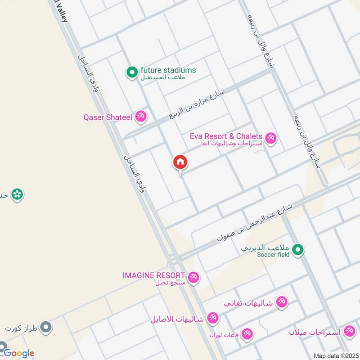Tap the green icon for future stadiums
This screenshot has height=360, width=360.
pyautogui.click(x=132, y=72)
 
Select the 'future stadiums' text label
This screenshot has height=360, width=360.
pyautogui.click(x=168, y=70)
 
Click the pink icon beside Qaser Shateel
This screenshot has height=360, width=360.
pyautogui.click(x=141, y=117)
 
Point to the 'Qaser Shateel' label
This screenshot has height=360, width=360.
pyautogui.click(x=108, y=117)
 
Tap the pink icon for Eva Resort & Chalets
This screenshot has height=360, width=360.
pyautogui.click(x=270, y=137)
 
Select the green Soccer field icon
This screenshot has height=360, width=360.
pyautogui.click(x=297, y=250)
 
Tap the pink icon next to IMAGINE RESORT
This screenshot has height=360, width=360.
pyautogui.click(x=193, y=277)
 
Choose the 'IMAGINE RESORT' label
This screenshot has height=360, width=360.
pyautogui.click(x=153, y=275)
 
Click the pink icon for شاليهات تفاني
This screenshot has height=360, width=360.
pyautogui.click(x=282, y=302)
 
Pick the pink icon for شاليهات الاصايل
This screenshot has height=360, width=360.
pyautogui.click(x=213, y=318)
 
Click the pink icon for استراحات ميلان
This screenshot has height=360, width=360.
pyautogui.click(x=349, y=332)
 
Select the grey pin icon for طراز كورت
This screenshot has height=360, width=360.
pyautogui.click(x=45, y=327)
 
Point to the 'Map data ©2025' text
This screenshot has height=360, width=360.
pyautogui.click(x=335, y=355)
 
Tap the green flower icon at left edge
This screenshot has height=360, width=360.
pyautogui.click(x=17, y=194)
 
